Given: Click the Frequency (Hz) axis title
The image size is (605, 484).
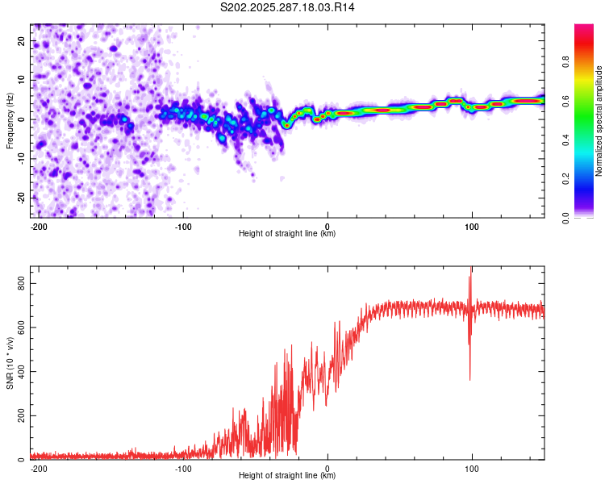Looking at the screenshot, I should tap(10, 120).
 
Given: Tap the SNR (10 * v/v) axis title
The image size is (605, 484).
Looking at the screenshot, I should tap(10, 363).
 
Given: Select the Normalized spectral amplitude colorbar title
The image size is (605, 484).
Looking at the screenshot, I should tap(599, 120).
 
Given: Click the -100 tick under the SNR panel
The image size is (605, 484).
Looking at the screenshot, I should tap(183, 469).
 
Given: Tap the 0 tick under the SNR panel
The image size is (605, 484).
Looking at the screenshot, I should tap(328, 469).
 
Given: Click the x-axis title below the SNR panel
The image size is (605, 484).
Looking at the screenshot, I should tap(287, 476).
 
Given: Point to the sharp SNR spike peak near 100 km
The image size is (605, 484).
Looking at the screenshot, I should tap(471, 269).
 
